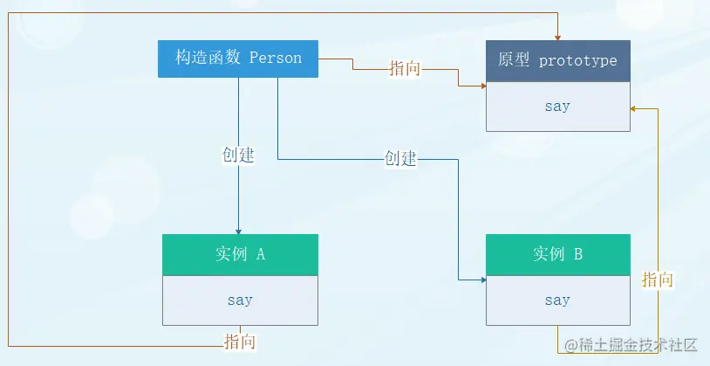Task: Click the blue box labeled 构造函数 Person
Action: point(238,59)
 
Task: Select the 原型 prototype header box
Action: point(557,61)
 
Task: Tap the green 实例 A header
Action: point(240,255)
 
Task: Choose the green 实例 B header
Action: point(557,255)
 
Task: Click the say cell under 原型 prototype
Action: point(557,107)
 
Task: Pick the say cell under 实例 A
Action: point(240,300)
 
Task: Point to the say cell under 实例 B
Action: point(557,300)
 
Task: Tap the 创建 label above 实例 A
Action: point(238,155)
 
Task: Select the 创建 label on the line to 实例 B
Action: point(400,159)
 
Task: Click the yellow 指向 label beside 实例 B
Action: point(658,280)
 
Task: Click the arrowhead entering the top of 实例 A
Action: point(239,231)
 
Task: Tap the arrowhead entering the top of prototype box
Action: point(557,36)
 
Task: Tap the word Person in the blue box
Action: point(276,59)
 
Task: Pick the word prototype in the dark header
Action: point(578,61)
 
